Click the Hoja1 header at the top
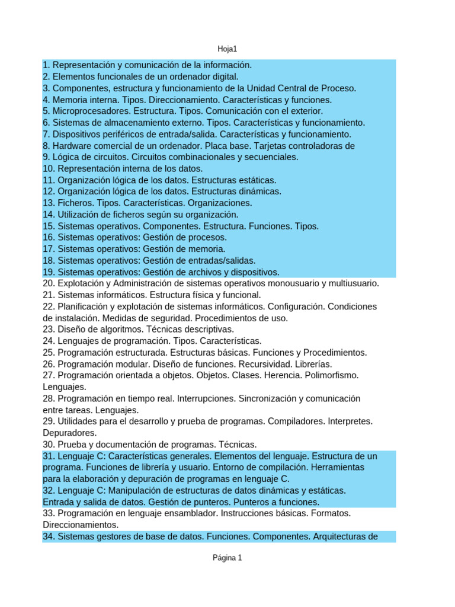[x=227, y=49]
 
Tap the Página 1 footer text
[x=227, y=558]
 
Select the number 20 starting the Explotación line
[x=49, y=283]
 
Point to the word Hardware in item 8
[x=72, y=145]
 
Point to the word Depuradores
[x=70, y=433]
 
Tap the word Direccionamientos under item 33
[x=81, y=525]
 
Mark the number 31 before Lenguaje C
[x=49, y=456]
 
